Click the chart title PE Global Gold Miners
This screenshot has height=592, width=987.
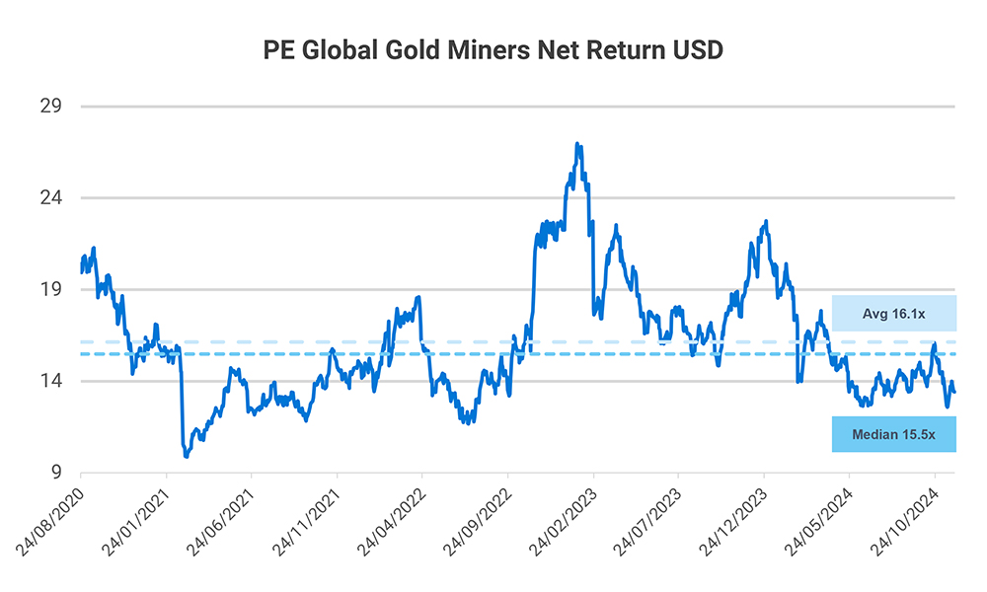[x=493, y=50]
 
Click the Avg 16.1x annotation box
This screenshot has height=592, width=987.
[x=894, y=313]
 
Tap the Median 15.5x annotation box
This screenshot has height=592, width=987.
[x=894, y=434]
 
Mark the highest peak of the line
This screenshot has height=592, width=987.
[x=577, y=144]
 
